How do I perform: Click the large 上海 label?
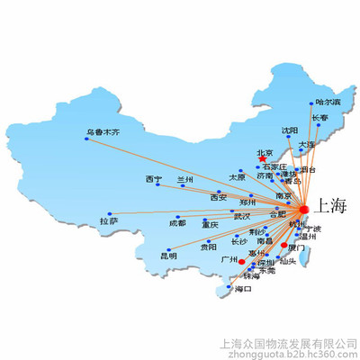coord(330,209)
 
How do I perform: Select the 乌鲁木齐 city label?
coord(102,132)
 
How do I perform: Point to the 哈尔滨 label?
coord(329,103)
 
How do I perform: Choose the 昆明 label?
coord(168,256)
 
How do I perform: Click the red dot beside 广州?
coord(241,261)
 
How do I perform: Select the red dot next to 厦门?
coord(284,245)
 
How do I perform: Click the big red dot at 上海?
coord(303,209)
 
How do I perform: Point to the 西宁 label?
coord(153,180)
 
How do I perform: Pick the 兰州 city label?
coord(184,180)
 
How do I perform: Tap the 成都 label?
coord(177,222)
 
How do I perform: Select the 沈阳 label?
coord(289,130)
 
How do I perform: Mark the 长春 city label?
coord(319,118)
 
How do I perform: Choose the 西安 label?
coord(218,197)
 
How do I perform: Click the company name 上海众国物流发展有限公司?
coord(286,342)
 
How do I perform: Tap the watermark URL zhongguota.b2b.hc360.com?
coord(286,354)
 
